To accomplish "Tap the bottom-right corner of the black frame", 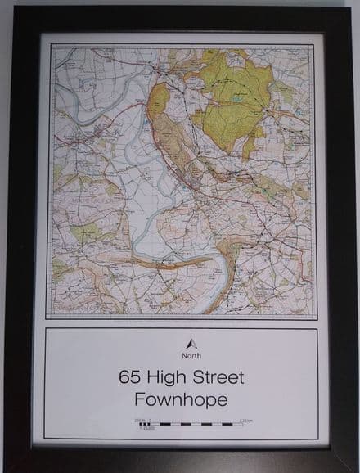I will click(x=350, y=464).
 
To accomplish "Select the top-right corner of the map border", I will click(x=313, y=45).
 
